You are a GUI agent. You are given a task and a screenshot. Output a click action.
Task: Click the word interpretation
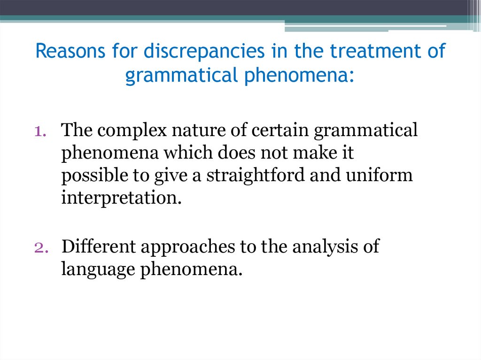(121, 198)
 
